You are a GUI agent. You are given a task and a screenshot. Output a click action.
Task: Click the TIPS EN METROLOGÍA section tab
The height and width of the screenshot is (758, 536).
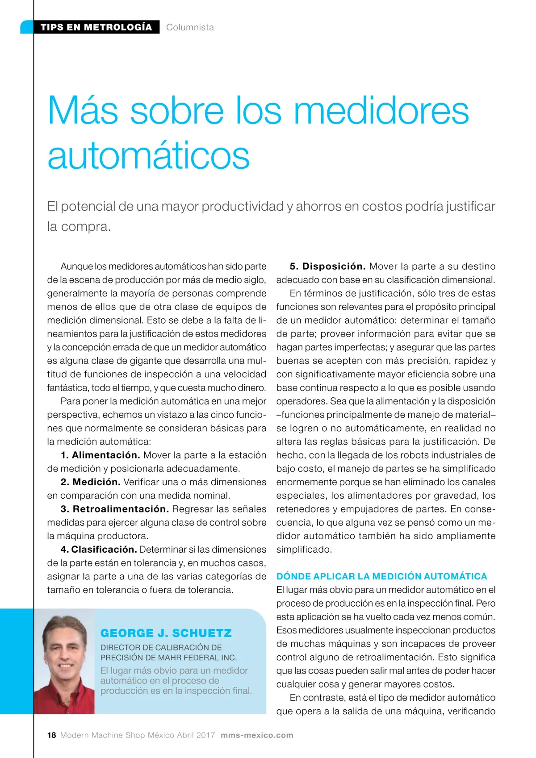(96, 27)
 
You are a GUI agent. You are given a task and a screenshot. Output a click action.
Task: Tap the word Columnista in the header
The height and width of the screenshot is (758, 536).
(190, 27)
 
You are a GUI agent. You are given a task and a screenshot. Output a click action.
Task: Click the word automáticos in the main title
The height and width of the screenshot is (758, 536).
(148, 156)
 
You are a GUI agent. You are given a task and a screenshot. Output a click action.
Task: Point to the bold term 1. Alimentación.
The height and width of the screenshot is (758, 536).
(100, 455)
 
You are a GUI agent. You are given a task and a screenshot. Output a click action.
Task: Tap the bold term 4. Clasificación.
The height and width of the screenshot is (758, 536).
(99, 549)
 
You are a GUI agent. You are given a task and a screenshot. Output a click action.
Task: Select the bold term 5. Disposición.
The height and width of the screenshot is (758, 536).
(327, 266)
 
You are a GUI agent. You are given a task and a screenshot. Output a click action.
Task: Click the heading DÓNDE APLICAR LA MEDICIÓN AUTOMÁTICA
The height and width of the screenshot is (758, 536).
(381, 576)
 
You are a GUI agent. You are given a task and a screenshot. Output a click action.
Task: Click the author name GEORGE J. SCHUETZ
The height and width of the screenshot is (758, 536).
(166, 633)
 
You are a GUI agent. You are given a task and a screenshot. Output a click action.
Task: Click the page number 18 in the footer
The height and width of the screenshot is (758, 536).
(52, 735)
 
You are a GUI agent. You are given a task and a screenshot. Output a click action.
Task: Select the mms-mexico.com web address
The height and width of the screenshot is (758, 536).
(257, 735)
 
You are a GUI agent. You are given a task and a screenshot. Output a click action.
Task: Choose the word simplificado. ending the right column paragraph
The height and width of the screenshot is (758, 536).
(304, 549)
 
